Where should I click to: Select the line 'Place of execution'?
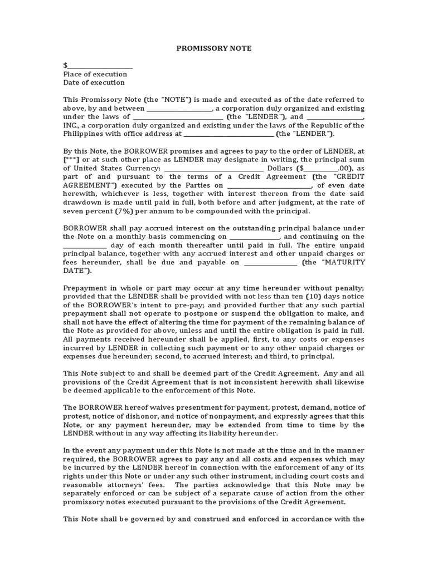[x=95, y=74]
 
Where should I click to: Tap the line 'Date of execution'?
[x=94, y=82]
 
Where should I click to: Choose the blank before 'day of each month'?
[x=85, y=245]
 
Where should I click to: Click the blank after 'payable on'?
[x=270, y=262]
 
